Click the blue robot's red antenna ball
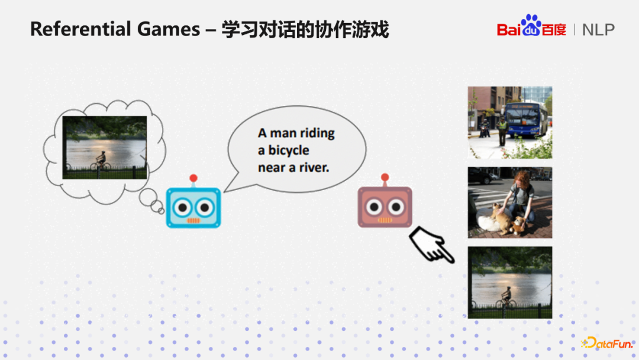pos(193,178)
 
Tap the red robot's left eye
pos(375,207)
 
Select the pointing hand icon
pos(432,245)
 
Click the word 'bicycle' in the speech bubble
pos(289,150)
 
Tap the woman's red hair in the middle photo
pos(522,178)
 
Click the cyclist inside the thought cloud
pos(100,160)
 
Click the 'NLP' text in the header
pos(598,30)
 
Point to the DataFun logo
pos(607,343)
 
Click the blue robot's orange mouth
pos(193,220)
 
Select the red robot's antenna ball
pos(385,177)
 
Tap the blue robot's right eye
pos(204,207)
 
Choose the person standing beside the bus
pos(502,130)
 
